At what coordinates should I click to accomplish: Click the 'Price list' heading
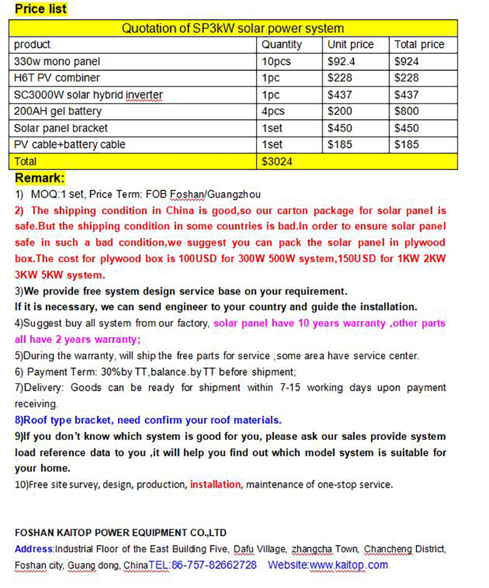point(40,9)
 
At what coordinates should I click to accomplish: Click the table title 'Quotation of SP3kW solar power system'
point(233,28)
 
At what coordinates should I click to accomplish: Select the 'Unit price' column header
point(351,44)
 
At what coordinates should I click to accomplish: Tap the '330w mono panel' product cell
point(57,61)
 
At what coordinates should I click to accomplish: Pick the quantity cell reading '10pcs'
point(276,61)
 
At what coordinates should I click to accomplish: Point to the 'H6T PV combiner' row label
point(57,78)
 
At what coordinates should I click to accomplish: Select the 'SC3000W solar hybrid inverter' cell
point(88,95)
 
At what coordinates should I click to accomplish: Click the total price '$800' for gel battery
point(407,111)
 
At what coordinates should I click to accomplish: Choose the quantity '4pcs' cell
point(274,111)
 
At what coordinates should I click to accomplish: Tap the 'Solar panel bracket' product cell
point(61,128)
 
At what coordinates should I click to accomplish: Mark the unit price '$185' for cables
point(339,144)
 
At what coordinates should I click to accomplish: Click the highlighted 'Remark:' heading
point(40,178)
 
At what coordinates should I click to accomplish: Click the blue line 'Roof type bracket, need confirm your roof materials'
point(148,420)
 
